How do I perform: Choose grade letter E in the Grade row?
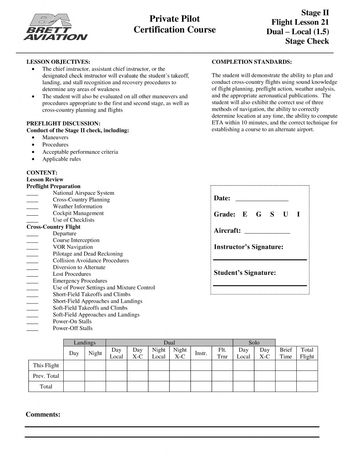click(x=245, y=214)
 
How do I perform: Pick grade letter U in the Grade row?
click(x=285, y=214)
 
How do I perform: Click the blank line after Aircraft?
click(x=267, y=231)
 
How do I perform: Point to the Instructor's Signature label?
click(x=248, y=247)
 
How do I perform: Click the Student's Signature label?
click(x=244, y=273)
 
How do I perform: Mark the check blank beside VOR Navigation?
click(x=32, y=248)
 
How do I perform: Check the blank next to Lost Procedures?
click(x=32, y=274)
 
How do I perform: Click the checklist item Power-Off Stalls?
click(x=72, y=328)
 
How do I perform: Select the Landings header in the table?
click(x=85, y=343)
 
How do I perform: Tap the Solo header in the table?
click(x=254, y=343)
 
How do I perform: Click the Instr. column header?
click(x=201, y=353)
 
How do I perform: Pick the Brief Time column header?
click(x=286, y=353)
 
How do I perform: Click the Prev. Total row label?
click(x=46, y=376)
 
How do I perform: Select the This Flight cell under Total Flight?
click(x=307, y=365)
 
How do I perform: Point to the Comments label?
click(x=43, y=415)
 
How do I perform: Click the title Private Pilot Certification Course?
click(x=175, y=25)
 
